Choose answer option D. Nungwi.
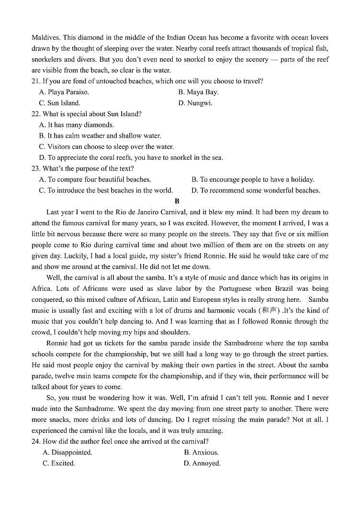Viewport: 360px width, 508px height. click(x=195, y=103)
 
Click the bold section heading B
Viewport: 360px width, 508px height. click(x=177, y=201)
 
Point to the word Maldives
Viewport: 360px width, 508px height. click(x=45, y=37)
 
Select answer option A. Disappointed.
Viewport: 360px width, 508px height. click(x=67, y=452)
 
